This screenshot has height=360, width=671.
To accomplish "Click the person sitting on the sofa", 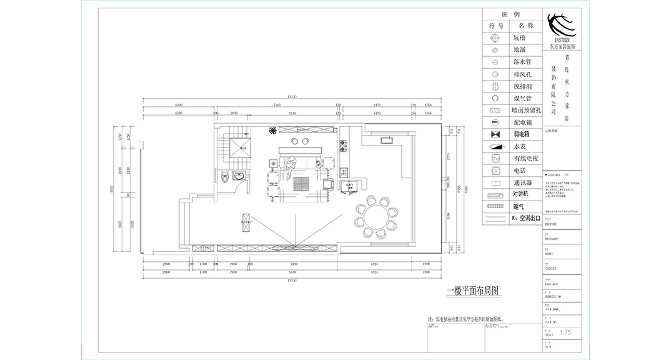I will coord(290,166).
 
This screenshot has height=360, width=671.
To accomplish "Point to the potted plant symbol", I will coord(273,130).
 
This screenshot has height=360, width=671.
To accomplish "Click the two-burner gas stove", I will coord(343,148).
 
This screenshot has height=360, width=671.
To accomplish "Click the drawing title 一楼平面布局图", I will coord(474,291).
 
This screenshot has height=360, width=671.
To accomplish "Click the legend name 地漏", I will coord(520,50).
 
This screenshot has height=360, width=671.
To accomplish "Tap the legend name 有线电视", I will coord(525,158).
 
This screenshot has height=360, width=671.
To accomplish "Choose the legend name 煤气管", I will coord(522,98).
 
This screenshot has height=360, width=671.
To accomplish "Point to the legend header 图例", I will coord(512,14).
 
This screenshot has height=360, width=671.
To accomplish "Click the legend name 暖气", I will coord(519,206).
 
